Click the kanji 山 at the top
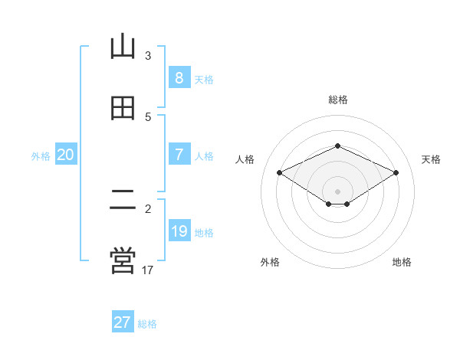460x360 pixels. point(123,47)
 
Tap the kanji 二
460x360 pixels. point(123,201)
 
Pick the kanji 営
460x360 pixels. point(123,261)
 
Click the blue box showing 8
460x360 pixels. point(179,77)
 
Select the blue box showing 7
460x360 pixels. point(179,155)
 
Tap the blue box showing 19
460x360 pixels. point(179,231)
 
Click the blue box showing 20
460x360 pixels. point(66,155)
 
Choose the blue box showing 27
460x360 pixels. point(123,322)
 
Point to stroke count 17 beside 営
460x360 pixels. point(149,270)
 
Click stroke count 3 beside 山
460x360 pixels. point(148,55)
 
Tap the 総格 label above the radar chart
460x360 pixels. point(338,100)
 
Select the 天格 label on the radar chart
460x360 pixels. point(431,159)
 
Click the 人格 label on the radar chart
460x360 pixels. point(245,159)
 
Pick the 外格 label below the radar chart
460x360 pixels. point(270,263)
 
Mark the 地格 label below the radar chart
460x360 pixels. point(402,263)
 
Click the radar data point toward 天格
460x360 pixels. point(396,172)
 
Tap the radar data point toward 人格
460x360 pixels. point(280,172)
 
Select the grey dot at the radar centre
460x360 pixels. point(338,191)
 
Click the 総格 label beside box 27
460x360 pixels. point(147,324)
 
